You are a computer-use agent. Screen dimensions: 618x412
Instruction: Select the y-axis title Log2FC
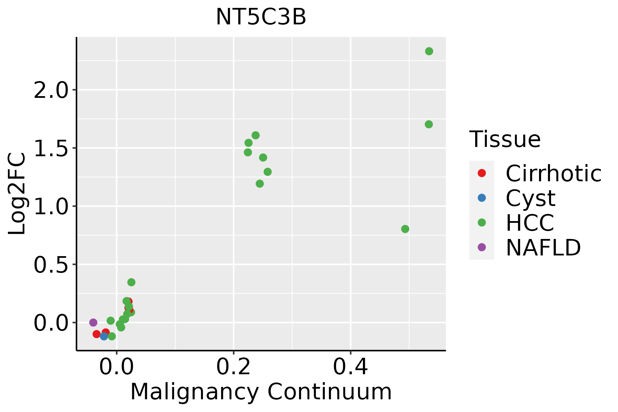coord(17,194)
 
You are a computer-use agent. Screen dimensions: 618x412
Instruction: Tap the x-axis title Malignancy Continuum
coord(261,392)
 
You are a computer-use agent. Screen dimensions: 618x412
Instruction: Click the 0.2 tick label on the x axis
coord(233,367)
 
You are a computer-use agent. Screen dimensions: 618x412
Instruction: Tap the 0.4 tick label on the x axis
coord(351,367)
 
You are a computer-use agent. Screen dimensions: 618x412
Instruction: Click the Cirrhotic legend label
coord(553,173)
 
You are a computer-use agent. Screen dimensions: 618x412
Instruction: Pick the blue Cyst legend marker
coord(482,198)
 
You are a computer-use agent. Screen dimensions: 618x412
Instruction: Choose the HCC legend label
coord(530,222)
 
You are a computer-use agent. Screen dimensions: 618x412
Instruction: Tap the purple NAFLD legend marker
coord(482,247)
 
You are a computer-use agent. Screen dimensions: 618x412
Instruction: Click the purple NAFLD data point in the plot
coord(93,322)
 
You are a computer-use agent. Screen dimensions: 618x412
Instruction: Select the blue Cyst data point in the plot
coord(104,336)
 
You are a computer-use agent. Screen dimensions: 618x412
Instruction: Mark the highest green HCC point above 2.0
coord(429,51)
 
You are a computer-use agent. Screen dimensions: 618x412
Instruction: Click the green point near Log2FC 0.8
coord(405,229)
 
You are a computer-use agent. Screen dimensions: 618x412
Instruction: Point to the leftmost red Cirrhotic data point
coord(96,334)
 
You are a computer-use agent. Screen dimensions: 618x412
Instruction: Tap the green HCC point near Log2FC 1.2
coord(260,184)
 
